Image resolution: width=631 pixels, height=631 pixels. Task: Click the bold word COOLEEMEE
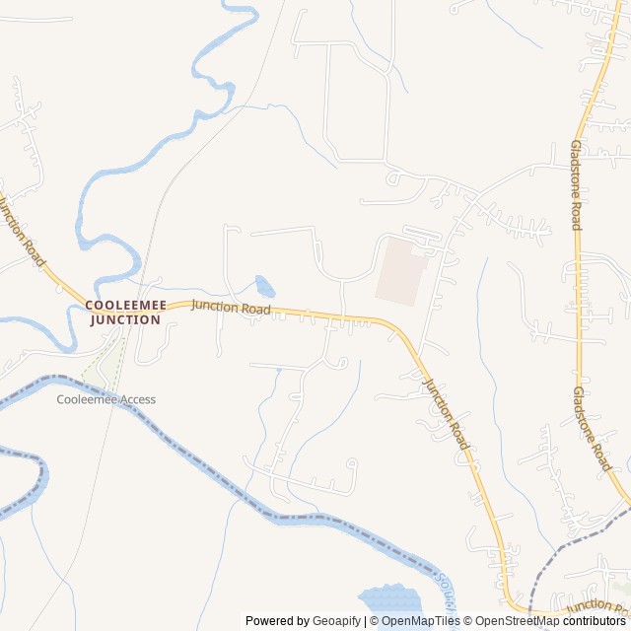point(125,306)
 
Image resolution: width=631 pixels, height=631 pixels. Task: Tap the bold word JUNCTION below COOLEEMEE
point(125,319)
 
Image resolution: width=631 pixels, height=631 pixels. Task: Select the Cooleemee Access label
point(105,399)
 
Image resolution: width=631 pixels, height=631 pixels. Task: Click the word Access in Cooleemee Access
point(138,399)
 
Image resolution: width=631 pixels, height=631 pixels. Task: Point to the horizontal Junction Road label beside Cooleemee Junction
point(231,308)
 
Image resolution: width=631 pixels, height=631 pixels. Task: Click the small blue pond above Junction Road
point(264,287)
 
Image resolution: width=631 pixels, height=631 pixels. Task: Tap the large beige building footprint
point(400,269)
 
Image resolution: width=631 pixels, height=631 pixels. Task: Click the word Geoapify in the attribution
point(336,621)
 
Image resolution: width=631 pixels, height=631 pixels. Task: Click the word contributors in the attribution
point(595,621)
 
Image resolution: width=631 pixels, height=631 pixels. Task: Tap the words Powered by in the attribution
point(276,621)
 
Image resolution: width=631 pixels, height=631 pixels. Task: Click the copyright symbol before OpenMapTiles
point(374,621)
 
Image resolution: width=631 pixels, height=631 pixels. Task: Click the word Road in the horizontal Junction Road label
point(255,310)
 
